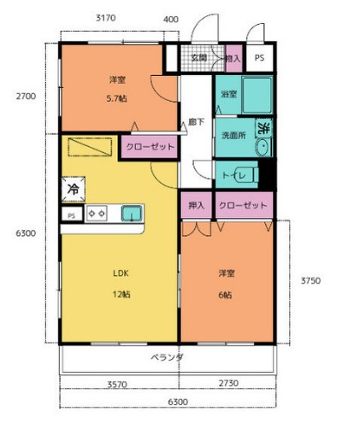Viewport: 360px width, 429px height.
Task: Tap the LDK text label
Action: pos(121,273)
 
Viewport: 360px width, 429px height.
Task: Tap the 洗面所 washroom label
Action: pos(233,135)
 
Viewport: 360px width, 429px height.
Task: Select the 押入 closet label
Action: pos(195,205)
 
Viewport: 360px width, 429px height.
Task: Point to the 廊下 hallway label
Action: pos(196,122)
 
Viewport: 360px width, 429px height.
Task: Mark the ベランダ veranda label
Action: pos(168,356)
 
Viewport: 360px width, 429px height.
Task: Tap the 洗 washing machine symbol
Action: pos(264,128)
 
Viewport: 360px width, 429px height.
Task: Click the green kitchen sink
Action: pos(132,214)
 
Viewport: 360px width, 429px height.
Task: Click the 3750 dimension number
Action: pos(310,279)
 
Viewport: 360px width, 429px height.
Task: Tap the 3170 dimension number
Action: pos(106,18)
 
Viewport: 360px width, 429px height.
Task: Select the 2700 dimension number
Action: pos(25,97)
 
